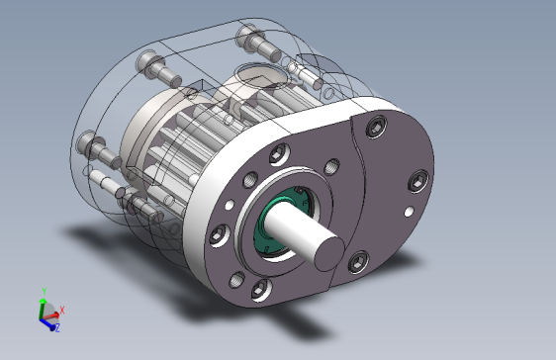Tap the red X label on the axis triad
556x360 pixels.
click(63, 310)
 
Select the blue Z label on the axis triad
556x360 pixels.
click(57, 327)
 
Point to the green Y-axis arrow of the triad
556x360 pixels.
click(43, 304)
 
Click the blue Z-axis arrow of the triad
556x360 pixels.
click(48, 321)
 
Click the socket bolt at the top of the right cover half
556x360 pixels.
click(375, 127)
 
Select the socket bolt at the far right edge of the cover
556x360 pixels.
click(420, 181)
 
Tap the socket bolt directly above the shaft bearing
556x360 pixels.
click(274, 153)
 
